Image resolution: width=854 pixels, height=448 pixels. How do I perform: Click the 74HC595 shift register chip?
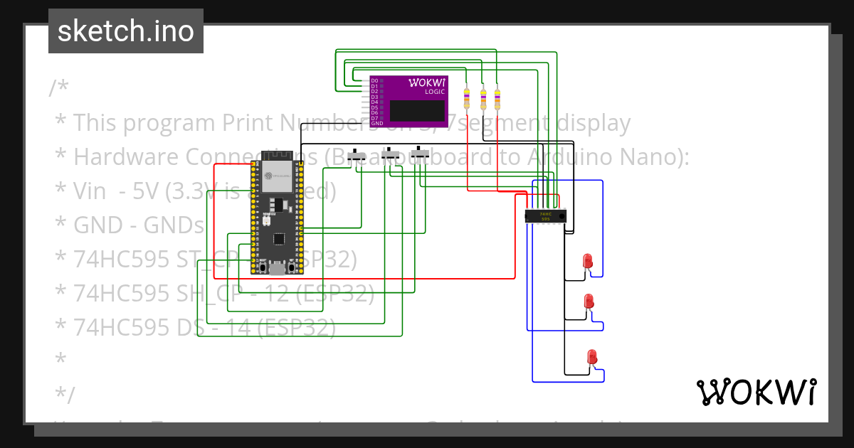click(x=545, y=216)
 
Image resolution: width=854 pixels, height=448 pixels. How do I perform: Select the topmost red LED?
click(x=588, y=262)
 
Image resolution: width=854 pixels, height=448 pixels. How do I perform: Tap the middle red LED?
click(x=589, y=302)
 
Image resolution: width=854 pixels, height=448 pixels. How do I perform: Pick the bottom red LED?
click(x=591, y=358)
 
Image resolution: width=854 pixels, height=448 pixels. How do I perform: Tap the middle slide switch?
click(x=391, y=154)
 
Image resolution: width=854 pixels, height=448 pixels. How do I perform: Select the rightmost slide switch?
click(x=421, y=153)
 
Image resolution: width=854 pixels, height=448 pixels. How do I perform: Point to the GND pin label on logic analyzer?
click(x=376, y=124)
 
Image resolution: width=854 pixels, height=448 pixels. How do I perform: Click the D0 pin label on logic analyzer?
click(x=374, y=81)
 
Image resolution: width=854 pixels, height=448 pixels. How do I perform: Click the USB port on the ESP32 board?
click(x=277, y=269)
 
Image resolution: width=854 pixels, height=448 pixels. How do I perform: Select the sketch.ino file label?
click(x=126, y=31)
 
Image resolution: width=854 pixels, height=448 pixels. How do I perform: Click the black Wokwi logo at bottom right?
click(x=756, y=392)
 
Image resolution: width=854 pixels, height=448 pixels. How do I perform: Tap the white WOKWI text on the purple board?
click(x=427, y=82)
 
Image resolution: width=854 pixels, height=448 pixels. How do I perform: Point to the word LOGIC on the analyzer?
click(x=435, y=92)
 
